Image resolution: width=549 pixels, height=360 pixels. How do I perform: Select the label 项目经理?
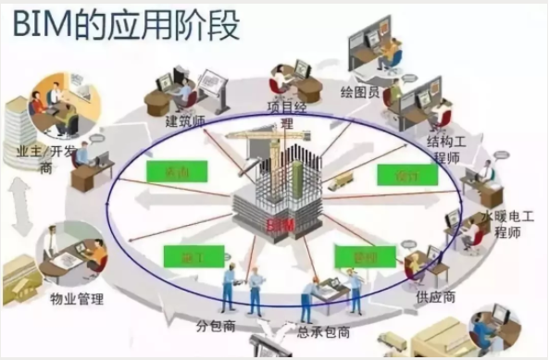tap(285, 113)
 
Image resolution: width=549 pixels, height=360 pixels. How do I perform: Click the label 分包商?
tap(216, 324)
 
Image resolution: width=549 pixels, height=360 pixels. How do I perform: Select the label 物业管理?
tap(75, 298)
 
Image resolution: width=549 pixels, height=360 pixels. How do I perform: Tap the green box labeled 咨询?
tap(176, 172)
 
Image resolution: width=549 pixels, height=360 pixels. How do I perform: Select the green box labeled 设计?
tap(400, 175)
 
